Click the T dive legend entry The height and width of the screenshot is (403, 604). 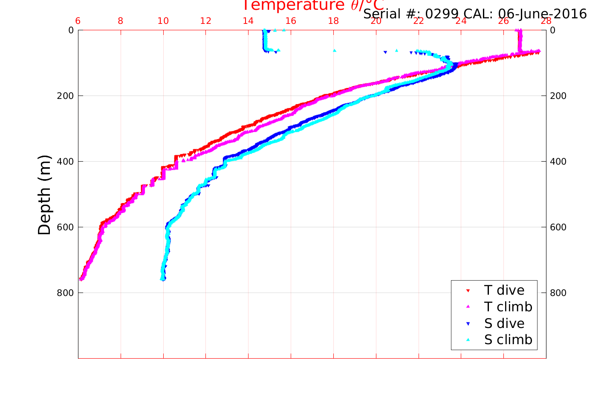coord(504,290)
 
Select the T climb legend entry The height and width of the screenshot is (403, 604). coord(508,307)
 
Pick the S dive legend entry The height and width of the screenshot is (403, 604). coord(504,324)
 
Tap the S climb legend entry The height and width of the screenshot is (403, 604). coord(508,340)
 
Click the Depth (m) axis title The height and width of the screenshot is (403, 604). coord(44,195)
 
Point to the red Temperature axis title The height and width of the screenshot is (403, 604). coord(313,6)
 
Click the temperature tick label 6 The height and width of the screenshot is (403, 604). coord(78,21)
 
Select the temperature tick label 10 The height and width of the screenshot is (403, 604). coord(163,21)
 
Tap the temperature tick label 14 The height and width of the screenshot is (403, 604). coord(248,21)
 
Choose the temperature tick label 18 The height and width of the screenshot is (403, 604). coord(333,21)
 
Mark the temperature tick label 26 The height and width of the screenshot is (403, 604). coord(503,21)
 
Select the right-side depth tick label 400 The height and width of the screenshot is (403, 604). coord(558,162)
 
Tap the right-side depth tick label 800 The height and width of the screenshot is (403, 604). coord(558,293)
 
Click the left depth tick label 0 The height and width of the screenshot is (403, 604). coord(71,30)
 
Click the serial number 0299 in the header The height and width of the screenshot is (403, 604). coord(442,14)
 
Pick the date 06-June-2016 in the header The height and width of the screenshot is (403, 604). coord(542,14)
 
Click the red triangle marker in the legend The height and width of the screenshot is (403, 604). coord(468,291)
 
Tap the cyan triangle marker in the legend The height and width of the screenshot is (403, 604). coord(468,340)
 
